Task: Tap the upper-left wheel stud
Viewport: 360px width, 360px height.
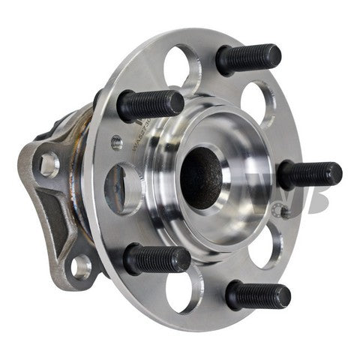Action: (x=150, y=104)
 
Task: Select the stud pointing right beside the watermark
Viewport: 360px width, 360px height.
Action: (x=309, y=175)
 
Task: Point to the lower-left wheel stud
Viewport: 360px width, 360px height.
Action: (x=156, y=259)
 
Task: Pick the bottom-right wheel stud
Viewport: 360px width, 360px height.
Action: (x=257, y=294)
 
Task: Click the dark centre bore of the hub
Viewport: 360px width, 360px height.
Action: (x=201, y=175)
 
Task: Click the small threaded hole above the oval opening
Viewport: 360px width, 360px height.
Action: (x=117, y=142)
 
